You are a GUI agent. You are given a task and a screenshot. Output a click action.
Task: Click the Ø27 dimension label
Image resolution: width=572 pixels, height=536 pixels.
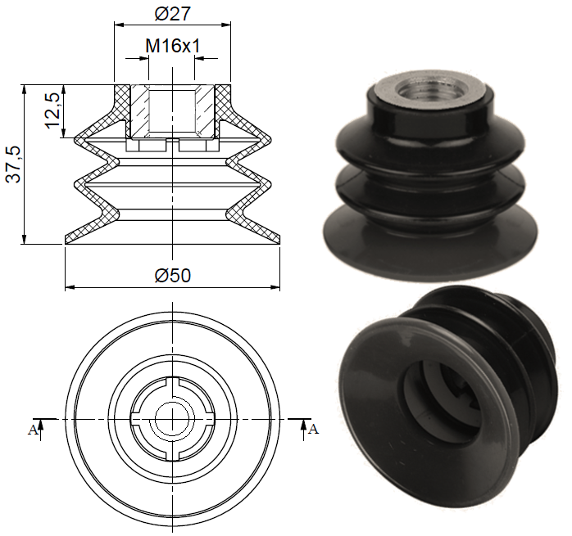172,14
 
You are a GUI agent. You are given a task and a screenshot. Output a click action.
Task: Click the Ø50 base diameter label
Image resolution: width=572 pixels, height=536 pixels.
172,276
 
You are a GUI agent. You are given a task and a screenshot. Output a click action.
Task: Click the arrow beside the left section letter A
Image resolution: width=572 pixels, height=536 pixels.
41,425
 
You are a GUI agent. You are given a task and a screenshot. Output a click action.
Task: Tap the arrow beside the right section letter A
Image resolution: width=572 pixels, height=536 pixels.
303,425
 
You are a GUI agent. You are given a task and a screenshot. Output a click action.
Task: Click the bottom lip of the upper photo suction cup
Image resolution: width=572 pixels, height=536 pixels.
434,245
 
